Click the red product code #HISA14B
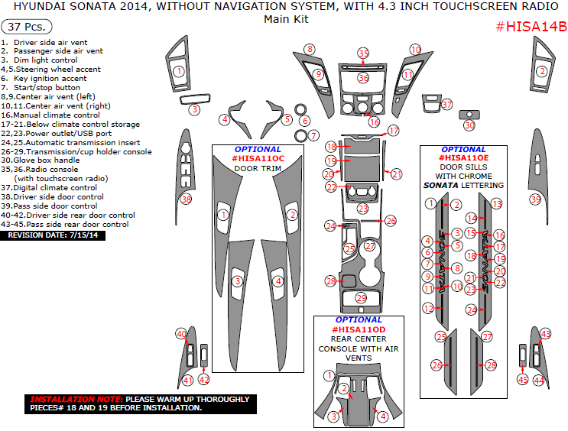coord(531,27)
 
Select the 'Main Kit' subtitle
coord(286,19)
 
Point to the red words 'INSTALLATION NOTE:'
coord(75,399)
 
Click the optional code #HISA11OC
coord(258,158)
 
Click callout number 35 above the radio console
coord(363,53)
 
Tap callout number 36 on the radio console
coord(364,78)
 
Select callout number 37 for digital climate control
coord(447,104)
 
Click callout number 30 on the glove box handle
coord(469,125)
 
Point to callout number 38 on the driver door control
coord(186,199)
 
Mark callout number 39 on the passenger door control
coord(535,199)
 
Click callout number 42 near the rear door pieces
coord(204,379)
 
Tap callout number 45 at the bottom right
coord(523,379)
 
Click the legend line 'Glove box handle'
coord(50,160)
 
